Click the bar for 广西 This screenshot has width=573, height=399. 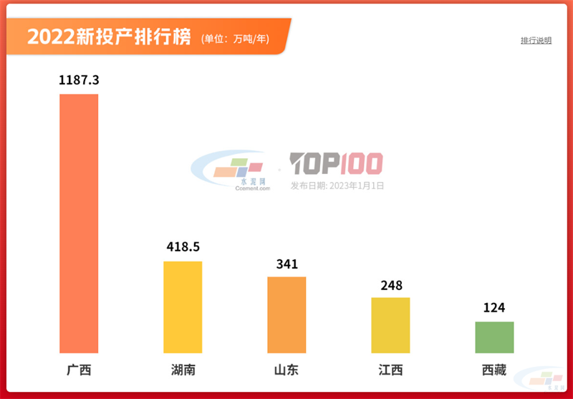pyautogui.click(x=79, y=223)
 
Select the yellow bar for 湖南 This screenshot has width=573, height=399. pyautogui.click(x=183, y=307)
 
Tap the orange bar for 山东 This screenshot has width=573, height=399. pyautogui.click(x=286, y=314)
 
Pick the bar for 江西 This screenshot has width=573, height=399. pyautogui.click(x=390, y=325)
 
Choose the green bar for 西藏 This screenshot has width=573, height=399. pyautogui.click(x=494, y=337)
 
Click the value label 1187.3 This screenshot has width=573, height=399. pyautogui.click(x=79, y=80)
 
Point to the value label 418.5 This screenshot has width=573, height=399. pyautogui.click(x=183, y=247)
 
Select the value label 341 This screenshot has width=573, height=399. pyautogui.click(x=286, y=264)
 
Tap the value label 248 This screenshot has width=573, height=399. pyautogui.click(x=390, y=285)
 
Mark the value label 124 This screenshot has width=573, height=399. pyautogui.click(x=494, y=308)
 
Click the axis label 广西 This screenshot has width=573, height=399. pyautogui.click(x=79, y=370)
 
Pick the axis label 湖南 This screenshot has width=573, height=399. pyautogui.click(x=183, y=370)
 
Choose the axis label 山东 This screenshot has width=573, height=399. pyautogui.click(x=286, y=370)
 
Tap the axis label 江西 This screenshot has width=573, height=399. pyautogui.click(x=390, y=370)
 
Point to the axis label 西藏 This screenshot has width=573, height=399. pyautogui.click(x=494, y=370)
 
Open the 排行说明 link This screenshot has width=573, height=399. pyautogui.click(x=536, y=41)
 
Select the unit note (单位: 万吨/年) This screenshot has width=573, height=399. pyautogui.click(x=236, y=39)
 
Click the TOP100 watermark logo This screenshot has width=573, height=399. pyautogui.click(x=337, y=164)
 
